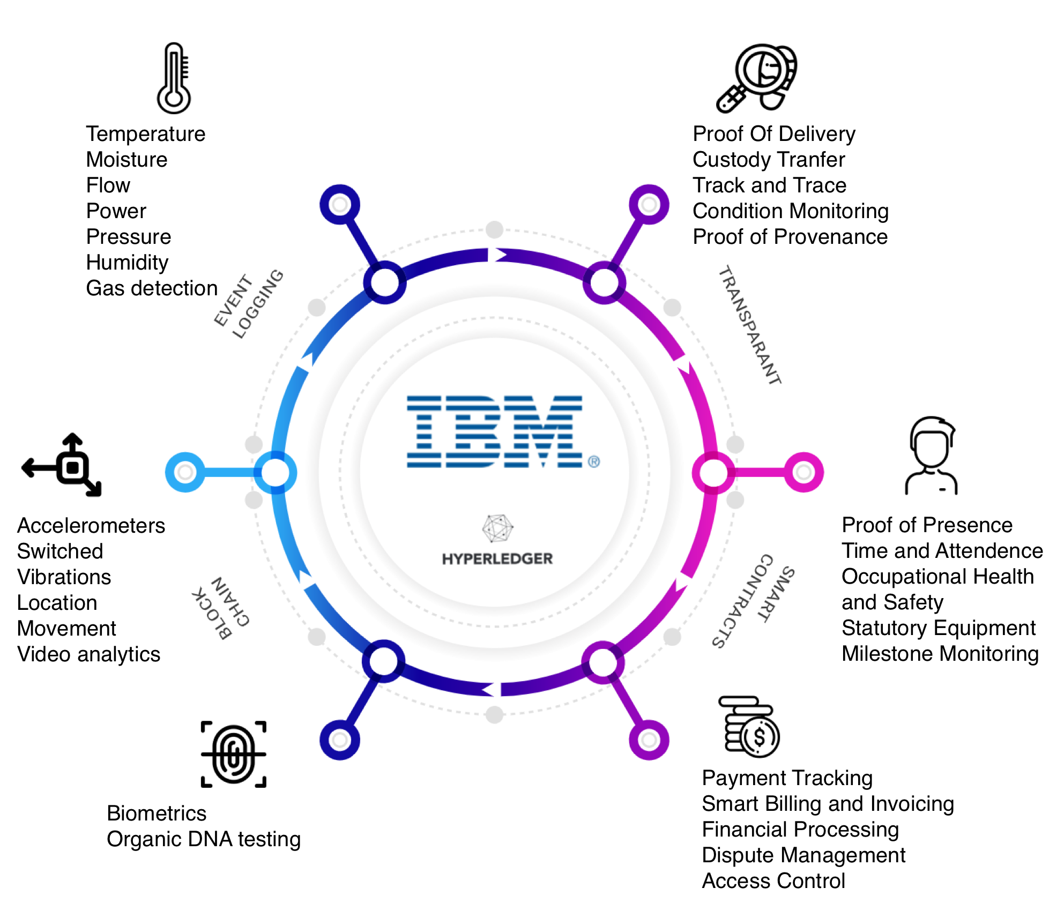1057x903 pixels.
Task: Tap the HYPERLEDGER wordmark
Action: tap(497, 559)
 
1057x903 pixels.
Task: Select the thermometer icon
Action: tap(174, 78)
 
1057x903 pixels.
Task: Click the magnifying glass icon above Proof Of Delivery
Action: tap(756, 78)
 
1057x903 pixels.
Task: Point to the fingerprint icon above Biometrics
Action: tap(233, 754)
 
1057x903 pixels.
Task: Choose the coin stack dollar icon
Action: tap(749, 727)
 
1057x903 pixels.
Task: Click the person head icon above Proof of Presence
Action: tap(932, 456)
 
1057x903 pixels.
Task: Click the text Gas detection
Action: tap(152, 288)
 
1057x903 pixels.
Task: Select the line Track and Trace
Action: tap(769, 185)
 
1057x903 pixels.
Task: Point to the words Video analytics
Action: tap(88, 654)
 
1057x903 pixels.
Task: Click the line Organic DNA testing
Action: tap(203, 839)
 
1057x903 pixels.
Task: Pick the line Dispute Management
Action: tap(803, 855)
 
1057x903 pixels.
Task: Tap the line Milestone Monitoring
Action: tap(940, 654)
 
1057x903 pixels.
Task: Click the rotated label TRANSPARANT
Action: tap(749, 325)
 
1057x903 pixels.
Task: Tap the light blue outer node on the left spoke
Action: tap(185, 472)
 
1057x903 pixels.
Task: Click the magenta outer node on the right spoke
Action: tap(803, 472)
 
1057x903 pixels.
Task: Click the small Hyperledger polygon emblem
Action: tap(497, 528)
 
